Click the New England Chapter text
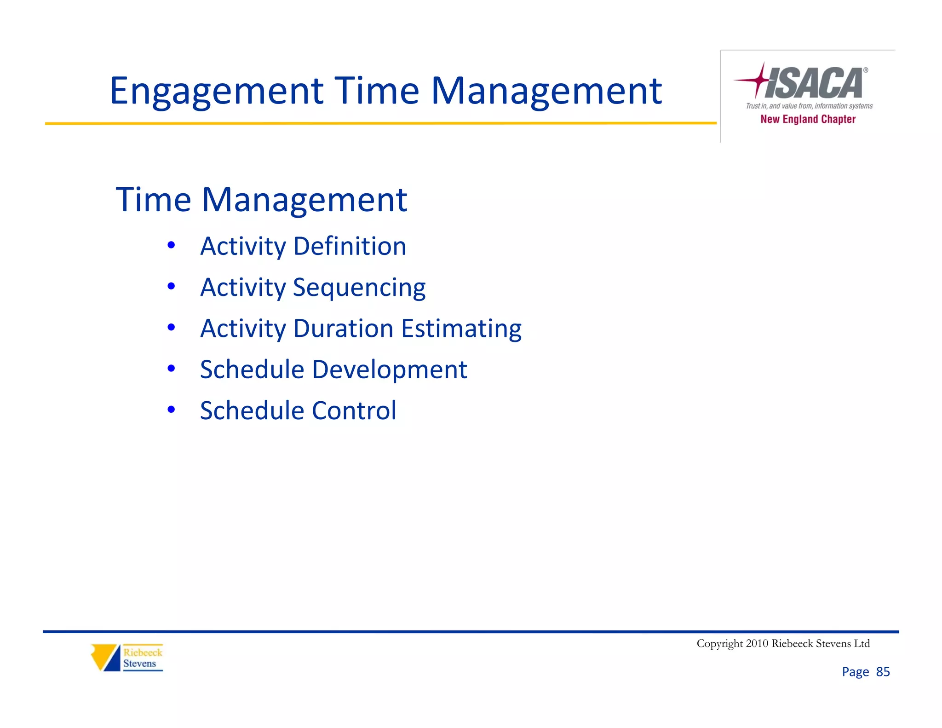[808, 119]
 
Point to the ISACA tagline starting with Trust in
[809, 106]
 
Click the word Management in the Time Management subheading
[304, 200]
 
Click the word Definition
[350, 246]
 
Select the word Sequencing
[359, 288]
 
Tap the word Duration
[343, 329]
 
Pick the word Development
[389, 370]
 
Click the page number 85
[883, 672]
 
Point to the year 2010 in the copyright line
[757, 643]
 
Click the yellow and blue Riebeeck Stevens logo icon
[105, 657]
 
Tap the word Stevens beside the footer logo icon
[139, 664]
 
